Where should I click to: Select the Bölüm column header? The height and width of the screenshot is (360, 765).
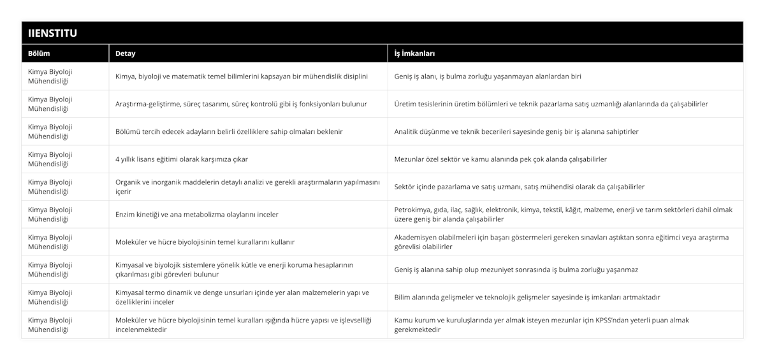point(39,54)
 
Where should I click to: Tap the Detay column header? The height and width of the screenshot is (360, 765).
point(125,54)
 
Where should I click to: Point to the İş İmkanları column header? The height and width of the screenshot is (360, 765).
point(415,54)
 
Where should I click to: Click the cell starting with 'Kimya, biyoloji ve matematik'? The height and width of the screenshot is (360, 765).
point(242,76)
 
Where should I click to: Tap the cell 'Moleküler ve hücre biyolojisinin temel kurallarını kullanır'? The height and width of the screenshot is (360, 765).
point(205,242)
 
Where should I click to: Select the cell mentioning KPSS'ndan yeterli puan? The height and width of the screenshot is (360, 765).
point(542,325)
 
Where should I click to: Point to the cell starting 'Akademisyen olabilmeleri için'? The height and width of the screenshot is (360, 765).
point(562,241)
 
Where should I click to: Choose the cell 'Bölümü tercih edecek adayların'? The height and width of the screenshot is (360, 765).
point(229,132)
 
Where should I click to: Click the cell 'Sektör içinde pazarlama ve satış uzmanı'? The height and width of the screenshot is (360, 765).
point(520,187)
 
